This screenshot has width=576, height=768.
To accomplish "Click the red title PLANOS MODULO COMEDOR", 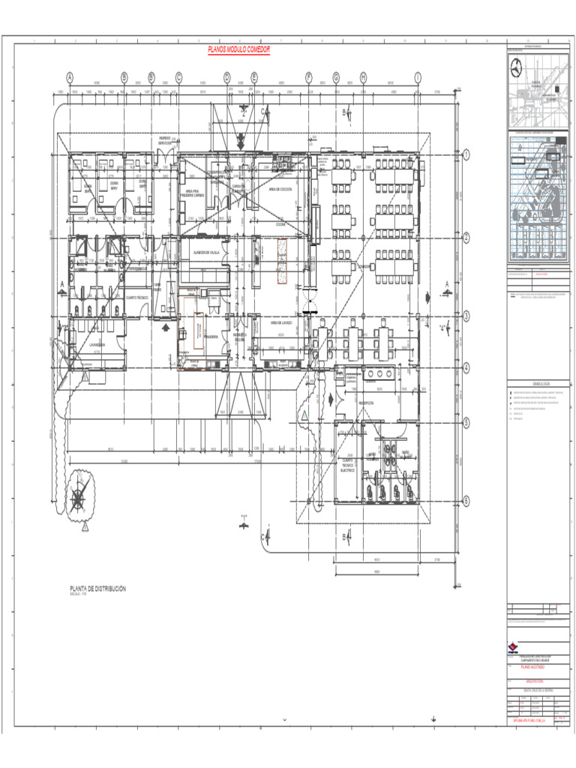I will [x=238, y=50].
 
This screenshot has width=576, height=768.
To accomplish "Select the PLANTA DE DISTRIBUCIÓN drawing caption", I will [x=97, y=589].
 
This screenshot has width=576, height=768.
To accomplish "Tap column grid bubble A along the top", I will [x=70, y=77].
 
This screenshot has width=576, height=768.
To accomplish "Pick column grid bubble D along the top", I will [x=226, y=77].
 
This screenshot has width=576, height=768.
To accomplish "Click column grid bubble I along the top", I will [x=418, y=77].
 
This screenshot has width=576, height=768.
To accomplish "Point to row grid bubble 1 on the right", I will [x=466, y=155].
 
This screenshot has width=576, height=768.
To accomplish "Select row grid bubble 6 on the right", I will [x=466, y=501].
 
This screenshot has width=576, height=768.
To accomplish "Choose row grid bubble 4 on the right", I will [x=466, y=367].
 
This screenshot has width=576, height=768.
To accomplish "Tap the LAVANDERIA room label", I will [x=96, y=345].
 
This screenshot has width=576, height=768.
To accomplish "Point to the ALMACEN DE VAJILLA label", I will [x=204, y=253].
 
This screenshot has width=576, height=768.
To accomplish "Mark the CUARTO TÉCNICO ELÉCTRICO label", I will [x=347, y=465].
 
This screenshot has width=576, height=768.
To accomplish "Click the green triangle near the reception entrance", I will [x=304, y=415].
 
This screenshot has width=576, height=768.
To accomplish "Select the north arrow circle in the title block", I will [x=517, y=67].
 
